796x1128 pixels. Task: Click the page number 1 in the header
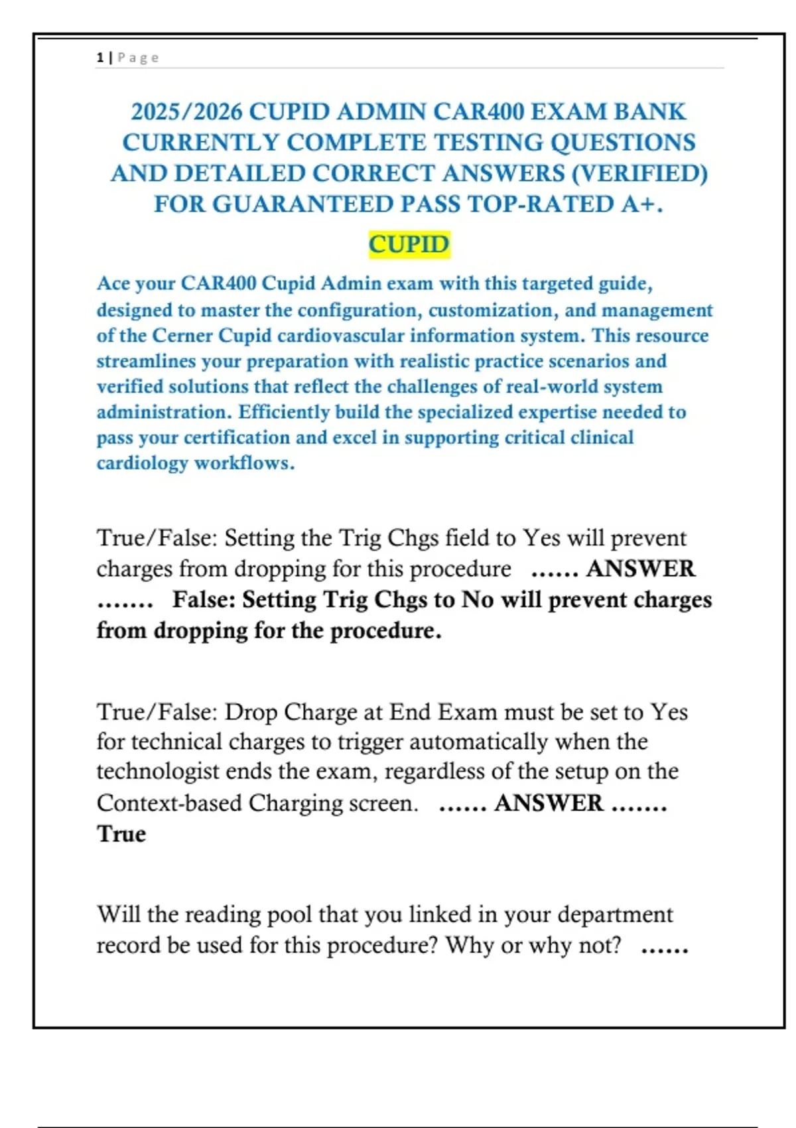pyautogui.click(x=99, y=58)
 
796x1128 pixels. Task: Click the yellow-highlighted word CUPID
pyautogui.click(x=409, y=244)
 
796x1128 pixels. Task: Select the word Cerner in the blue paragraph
pyautogui.click(x=182, y=336)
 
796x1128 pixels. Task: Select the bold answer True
pyautogui.click(x=121, y=834)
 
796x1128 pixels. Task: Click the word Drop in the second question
pyautogui.click(x=251, y=712)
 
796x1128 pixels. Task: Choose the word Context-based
pyautogui.click(x=168, y=804)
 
